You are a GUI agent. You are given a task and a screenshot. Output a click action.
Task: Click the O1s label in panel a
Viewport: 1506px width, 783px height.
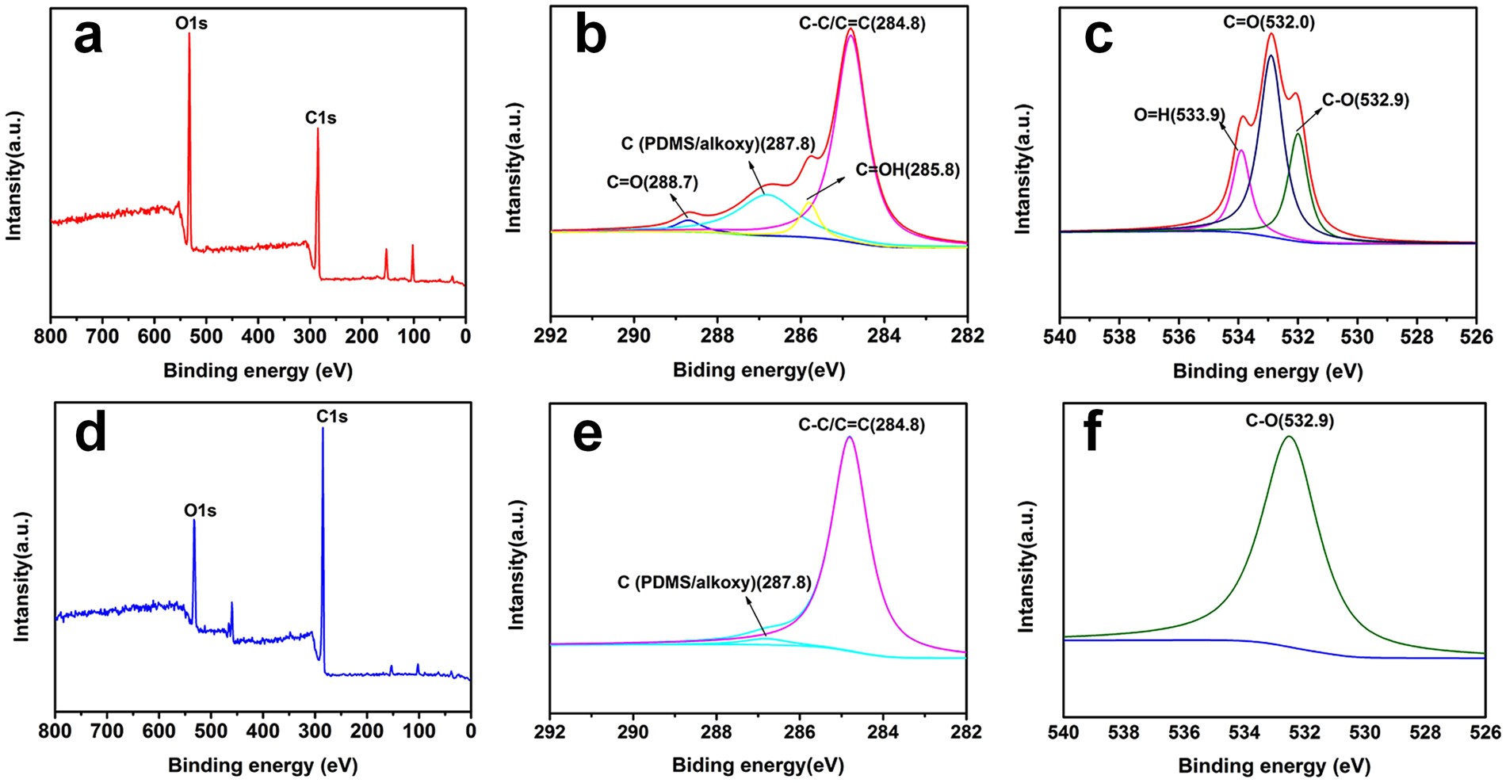point(191,24)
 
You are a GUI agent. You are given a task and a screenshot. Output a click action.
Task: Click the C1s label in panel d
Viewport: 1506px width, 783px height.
point(331,417)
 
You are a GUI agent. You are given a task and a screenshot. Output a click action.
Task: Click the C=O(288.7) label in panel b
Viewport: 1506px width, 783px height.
point(652,182)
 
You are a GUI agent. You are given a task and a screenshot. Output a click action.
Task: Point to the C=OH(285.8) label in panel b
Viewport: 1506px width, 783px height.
point(908,170)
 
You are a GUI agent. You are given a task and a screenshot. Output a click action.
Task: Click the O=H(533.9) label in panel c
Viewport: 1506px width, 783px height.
point(1179,115)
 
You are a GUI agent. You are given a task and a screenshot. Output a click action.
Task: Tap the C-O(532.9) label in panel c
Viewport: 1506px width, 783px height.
point(1365,101)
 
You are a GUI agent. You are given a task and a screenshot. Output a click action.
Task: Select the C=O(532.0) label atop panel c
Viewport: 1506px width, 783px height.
point(1268,22)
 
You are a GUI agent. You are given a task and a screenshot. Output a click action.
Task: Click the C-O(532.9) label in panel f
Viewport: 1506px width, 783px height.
point(1290,421)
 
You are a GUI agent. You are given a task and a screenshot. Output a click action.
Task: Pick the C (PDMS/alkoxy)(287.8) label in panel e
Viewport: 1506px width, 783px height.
point(714,582)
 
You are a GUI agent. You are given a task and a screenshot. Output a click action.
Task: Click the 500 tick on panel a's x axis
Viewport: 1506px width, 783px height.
point(206,336)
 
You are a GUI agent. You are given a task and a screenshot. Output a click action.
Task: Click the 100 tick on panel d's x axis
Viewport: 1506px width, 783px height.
point(419,731)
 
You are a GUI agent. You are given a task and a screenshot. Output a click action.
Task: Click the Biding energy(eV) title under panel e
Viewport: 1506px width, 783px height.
point(758,765)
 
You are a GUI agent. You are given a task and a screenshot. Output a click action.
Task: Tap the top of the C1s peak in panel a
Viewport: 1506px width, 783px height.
point(318,129)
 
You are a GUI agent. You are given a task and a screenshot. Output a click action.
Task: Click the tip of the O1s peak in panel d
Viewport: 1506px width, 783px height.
point(194,521)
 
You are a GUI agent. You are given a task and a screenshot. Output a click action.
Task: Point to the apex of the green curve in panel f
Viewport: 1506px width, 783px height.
point(1289,436)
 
